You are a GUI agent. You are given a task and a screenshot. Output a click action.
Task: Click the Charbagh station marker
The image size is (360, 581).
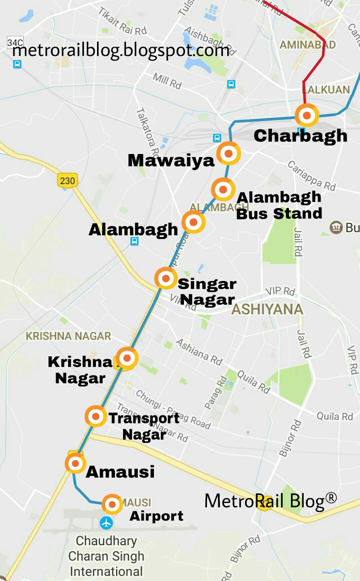coord(307,115)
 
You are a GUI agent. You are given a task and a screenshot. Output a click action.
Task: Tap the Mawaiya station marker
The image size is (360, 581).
coord(228,154)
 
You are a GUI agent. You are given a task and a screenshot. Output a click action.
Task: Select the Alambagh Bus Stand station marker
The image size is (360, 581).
coord(223,189)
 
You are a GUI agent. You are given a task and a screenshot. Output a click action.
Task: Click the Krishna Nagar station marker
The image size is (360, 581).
coord(127,358)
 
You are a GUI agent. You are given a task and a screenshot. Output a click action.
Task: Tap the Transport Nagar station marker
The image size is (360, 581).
coord(96,416)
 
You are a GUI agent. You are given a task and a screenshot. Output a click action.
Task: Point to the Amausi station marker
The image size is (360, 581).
coord(76,463)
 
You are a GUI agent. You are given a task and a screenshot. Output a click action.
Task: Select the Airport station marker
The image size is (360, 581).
coord(112,504)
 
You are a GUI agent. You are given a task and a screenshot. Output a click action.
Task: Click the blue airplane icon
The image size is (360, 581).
coord(106,523)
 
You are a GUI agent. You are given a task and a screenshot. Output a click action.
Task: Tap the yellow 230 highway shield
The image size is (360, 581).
coord(68,180)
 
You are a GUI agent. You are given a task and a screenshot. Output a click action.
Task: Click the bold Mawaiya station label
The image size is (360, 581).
coord(171,161)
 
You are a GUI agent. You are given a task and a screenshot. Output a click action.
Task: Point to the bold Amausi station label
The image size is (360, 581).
coord(120,472)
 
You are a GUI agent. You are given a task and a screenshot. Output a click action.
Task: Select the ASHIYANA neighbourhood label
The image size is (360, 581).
coord(267,309)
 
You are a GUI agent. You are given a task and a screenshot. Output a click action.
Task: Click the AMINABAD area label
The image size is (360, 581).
coord(307,45)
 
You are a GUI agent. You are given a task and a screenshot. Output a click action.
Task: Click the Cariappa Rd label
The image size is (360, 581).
coord(311,176)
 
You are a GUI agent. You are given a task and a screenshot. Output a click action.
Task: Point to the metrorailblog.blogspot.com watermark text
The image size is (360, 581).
coord(121,50)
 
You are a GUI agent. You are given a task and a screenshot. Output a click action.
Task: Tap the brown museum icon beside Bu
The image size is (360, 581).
coord(336,227)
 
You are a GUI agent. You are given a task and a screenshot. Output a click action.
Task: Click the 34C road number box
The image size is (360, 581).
coord(15,42)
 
